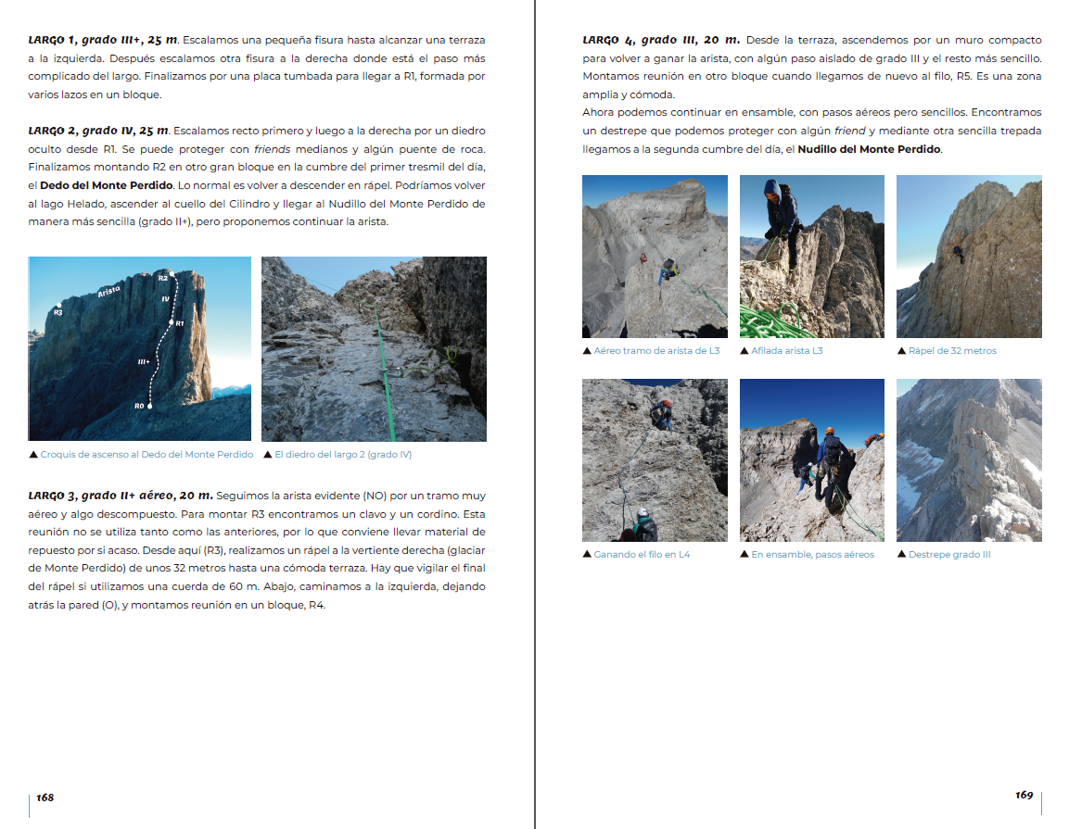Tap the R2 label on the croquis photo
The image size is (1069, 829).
coord(163,277)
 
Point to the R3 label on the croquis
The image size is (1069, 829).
coord(57,312)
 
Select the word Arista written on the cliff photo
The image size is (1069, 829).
coord(109,291)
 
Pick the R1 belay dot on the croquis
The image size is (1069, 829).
coord(173,322)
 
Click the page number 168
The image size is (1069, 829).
coord(45,797)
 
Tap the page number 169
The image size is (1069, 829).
coord(1024,795)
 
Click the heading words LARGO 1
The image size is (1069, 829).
coord(52,40)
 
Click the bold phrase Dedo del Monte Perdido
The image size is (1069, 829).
coord(107,184)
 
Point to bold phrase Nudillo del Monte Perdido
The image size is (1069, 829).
coord(869,149)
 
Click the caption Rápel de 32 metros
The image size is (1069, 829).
coord(952,351)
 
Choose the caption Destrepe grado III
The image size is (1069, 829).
coord(949,555)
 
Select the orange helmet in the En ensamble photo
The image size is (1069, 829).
coord(830,432)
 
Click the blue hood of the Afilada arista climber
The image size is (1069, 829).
coord(771,188)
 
